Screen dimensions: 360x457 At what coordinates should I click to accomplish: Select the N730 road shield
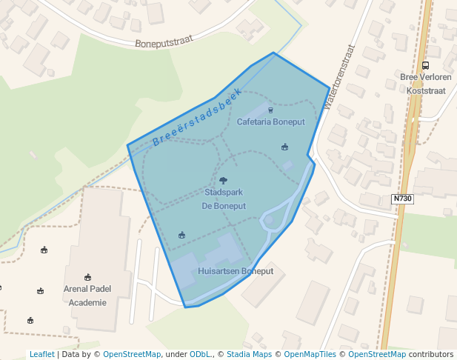point(401,199)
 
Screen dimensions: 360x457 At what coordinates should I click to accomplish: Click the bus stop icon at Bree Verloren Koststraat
point(425,65)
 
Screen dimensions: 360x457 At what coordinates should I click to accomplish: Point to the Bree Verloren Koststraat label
point(425,83)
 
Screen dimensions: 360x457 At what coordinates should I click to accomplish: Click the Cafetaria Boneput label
point(270,121)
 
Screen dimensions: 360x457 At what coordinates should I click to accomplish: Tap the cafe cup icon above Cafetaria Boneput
point(270,110)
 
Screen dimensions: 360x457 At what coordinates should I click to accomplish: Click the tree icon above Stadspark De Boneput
point(223,180)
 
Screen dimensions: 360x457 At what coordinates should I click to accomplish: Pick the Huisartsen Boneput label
point(236,271)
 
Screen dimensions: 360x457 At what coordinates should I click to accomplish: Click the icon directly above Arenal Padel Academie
point(88,277)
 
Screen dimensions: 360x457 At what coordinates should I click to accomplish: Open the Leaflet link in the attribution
point(41,354)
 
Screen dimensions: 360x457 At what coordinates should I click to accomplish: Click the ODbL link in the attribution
point(200,354)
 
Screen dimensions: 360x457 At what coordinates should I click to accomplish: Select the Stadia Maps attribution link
point(247,354)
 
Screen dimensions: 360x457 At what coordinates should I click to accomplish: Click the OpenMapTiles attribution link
point(307,354)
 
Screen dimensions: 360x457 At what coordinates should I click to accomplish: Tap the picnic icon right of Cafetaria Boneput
point(284,147)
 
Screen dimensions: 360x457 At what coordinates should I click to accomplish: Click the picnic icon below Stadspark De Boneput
point(181,235)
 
